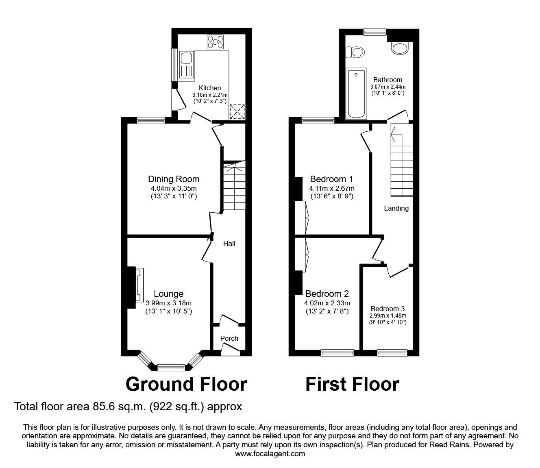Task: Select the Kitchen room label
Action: point(210,88)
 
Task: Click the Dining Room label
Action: point(174,179)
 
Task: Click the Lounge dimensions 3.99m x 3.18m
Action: point(168,303)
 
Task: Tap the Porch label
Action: point(229,338)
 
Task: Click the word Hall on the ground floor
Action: point(229,244)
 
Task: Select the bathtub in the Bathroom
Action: point(356,94)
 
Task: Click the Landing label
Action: point(396,208)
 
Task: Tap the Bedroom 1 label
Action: point(331,179)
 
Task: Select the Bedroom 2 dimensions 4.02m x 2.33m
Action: point(327,303)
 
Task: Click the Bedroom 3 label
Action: point(388,309)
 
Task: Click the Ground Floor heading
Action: point(186,384)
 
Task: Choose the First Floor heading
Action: point(352,384)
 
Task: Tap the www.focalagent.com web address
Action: point(270,453)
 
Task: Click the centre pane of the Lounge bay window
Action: point(171,368)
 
